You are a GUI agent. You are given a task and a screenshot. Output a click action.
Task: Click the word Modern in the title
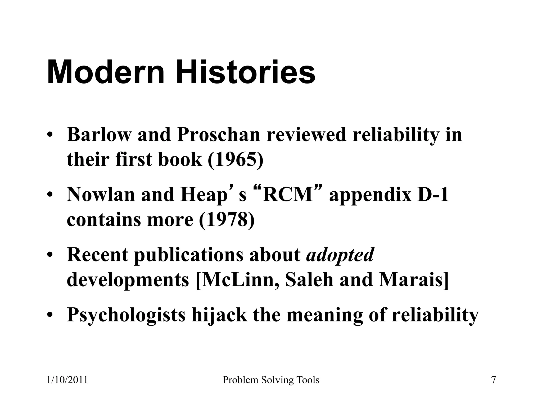[x=106, y=72]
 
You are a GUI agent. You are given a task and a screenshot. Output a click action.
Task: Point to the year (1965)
[x=236, y=159]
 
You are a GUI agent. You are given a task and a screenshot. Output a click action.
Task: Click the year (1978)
[x=227, y=219]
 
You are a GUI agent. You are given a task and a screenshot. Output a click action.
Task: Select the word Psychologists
[x=126, y=315]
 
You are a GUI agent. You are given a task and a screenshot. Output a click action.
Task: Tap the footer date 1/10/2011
[x=67, y=380]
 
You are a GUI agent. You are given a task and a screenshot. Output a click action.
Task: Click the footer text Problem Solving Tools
[x=271, y=380]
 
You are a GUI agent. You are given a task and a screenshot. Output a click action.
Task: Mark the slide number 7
[x=493, y=380]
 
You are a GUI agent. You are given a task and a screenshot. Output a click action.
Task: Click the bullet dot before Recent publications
[x=50, y=255]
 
